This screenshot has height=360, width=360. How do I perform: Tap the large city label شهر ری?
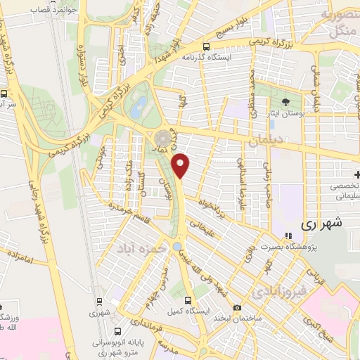point(325,224)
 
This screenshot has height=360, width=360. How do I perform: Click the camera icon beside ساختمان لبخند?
point(237,308)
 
